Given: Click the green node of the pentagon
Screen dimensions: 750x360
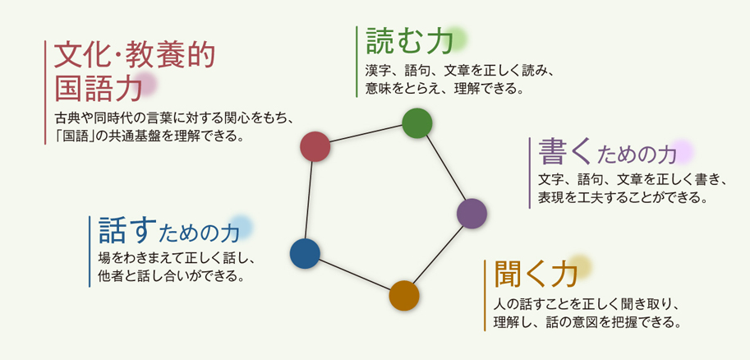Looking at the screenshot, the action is click(417, 123).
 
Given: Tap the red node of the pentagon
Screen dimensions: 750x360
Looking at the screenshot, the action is click(315, 146).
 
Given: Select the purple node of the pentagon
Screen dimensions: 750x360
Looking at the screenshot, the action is click(472, 214).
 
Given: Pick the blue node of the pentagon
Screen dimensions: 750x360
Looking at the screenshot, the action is click(305, 254).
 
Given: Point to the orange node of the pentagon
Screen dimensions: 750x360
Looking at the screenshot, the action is click(404, 296).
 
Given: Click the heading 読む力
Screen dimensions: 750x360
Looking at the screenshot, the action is click(409, 40).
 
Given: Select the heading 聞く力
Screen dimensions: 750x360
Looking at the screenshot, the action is click(536, 274).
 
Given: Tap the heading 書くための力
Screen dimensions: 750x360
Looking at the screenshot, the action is click(607, 153).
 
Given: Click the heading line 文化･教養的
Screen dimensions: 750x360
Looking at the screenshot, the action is click(135, 57).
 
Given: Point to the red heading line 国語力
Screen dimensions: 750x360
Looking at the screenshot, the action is click(99, 88).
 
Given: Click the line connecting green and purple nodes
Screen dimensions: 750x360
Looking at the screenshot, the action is click(445, 168).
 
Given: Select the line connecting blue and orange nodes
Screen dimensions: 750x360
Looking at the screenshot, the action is click(354, 275).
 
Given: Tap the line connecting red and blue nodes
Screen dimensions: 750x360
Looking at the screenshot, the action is click(310, 200).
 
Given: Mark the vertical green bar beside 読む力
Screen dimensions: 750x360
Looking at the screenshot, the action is click(357, 62).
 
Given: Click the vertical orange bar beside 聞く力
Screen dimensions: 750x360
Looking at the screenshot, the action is click(485, 295).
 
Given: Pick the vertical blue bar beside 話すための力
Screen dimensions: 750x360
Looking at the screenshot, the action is click(90, 252).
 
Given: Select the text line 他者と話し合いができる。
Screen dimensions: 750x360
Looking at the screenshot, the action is click(169, 276).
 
